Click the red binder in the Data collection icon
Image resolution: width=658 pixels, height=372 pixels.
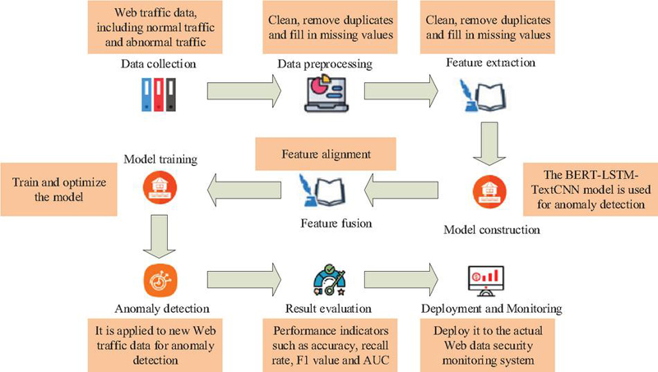[x=158, y=94]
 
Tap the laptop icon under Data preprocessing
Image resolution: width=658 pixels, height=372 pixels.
[x=326, y=93]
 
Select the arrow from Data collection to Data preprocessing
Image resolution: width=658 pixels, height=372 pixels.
[x=244, y=91]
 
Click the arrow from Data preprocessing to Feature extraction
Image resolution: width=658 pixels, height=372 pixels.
[x=401, y=91]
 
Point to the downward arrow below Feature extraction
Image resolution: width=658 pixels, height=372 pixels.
[x=489, y=144]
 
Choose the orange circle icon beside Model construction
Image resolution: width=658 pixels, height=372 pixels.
[x=489, y=191]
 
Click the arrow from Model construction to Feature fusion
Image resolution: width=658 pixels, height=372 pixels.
[x=401, y=191]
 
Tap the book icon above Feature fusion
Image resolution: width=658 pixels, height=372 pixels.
[x=322, y=191]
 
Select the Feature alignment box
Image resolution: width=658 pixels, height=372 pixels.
[x=326, y=154]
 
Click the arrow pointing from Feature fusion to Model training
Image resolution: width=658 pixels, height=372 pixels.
[x=244, y=191]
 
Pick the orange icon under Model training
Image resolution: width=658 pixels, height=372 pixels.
[x=160, y=187]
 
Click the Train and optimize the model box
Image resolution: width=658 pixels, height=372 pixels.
[x=58, y=190]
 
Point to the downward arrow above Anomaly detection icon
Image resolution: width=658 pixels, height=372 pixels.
[x=160, y=237]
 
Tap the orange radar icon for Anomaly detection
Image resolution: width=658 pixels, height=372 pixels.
[x=160, y=280]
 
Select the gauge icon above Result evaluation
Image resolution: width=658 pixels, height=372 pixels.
[x=330, y=280]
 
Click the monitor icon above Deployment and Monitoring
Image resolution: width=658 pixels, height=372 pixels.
[x=485, y=281]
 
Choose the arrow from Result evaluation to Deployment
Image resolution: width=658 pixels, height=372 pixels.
[x=401, y=279]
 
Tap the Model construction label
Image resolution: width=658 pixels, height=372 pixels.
[x=492, y=230]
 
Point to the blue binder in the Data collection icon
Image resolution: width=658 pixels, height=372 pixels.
[x=146, y=94]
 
